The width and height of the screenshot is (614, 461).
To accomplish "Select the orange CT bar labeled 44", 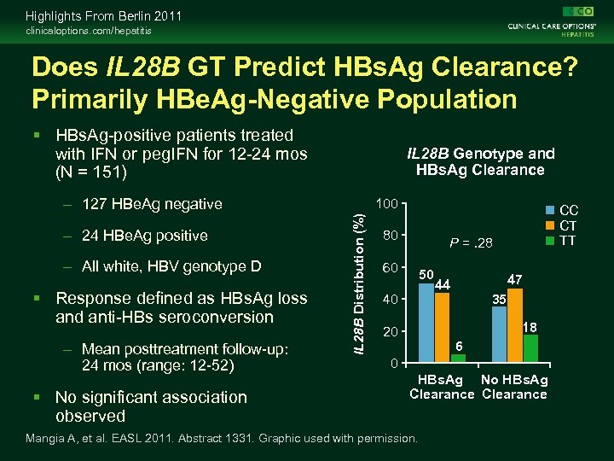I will click(442, 328).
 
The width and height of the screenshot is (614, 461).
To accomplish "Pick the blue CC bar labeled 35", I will click(499, 335).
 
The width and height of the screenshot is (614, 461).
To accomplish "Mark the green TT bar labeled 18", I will click(531, 348).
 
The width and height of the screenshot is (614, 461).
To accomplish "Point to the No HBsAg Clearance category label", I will click(514, 387).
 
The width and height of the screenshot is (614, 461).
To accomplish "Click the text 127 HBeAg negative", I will click(152, 204).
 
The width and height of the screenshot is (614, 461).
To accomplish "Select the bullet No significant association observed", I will click(150, 406).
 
